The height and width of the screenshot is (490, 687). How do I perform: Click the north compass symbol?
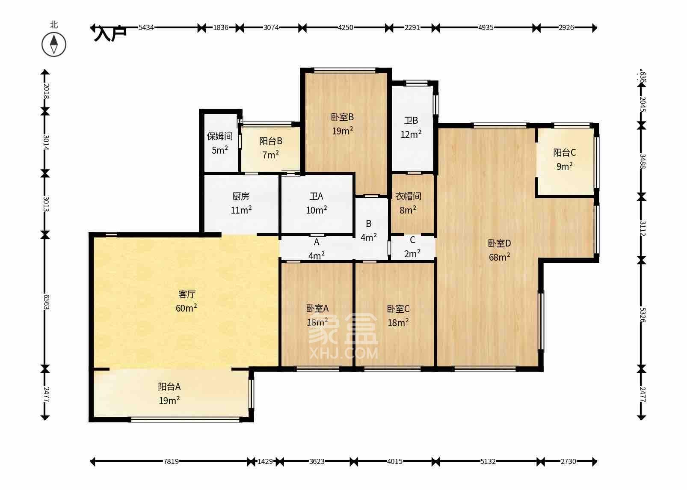tap(54, 44)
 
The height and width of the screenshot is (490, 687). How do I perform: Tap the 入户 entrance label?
tap(110, 33)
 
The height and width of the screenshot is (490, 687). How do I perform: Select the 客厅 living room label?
tap(187, 294)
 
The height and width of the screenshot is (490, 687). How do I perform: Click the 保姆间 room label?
tap(219, 137)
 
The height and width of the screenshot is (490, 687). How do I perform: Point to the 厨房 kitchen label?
tap(241, 196)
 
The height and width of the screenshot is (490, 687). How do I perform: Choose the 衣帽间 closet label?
tap(408, 196)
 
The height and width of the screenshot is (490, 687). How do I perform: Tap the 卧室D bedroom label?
tap(499, 244)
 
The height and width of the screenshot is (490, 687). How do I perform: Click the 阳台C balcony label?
tap(564, 153)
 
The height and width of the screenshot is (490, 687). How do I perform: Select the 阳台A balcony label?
tap(169, 387)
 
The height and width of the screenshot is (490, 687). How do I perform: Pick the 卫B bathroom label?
tap(411, 121)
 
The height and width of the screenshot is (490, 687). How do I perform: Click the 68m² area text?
tap(499, 257)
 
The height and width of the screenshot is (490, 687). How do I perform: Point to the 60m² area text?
tap(186, 308)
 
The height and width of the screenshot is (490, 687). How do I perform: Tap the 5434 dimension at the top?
tap(146, 28)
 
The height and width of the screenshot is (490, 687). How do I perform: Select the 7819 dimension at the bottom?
tap(171, 461)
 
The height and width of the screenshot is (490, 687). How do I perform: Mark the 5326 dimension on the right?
tap(642, 314)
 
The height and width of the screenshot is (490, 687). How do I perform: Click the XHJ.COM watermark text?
tap(343, 353)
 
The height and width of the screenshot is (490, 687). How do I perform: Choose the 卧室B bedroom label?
tap(342, 117)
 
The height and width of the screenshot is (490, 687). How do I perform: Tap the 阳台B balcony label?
tap(271, 141)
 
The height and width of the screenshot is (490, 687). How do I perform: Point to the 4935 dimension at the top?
tap(486, 28)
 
